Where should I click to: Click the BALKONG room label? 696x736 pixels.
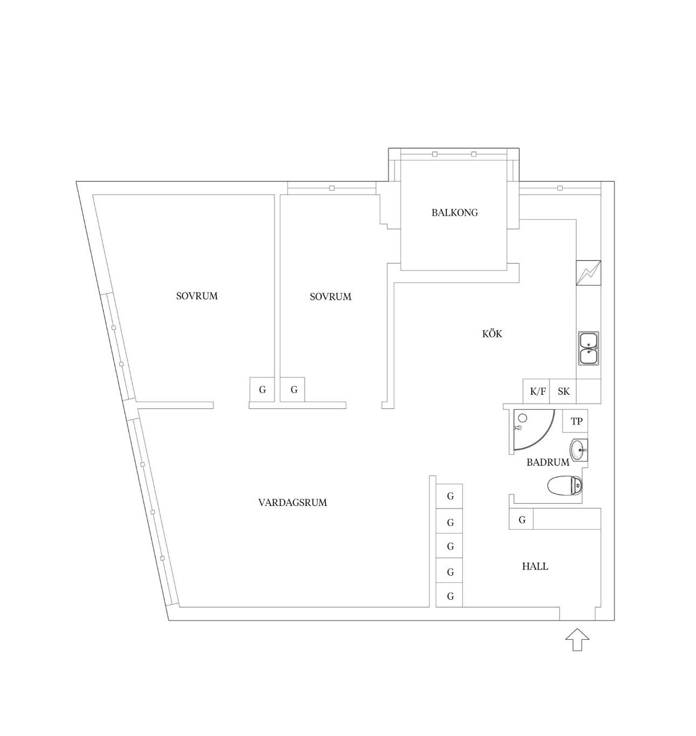click(x=454, y=213)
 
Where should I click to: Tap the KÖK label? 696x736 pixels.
click(x=492, y=334)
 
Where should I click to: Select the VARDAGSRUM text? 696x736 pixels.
click(x=292, y=502)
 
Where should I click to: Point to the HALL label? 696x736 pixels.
click(x=535, y=566)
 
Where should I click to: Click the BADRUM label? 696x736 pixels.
click(x=548, y=462)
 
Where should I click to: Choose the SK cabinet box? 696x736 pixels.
click(x=563, y=391)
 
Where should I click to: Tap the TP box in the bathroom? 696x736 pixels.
click(x=575, y=422)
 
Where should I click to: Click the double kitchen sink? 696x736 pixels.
click(x=589, y=348)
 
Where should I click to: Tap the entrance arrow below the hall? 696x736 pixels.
click(x=577, y=640)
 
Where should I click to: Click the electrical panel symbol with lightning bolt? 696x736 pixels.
click(x=589, y=273)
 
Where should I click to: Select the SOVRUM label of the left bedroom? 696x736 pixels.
click(x=197, y=296)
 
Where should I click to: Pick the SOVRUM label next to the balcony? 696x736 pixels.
click(x=330, y=297)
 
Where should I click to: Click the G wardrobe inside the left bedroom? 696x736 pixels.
click(x=262, y=390)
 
